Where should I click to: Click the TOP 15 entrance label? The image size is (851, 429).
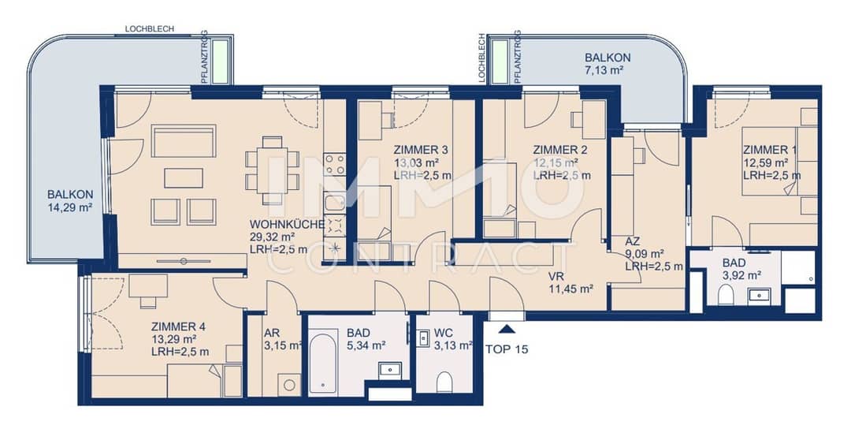507,349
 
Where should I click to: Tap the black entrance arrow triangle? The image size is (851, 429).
507,329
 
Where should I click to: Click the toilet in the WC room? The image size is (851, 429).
444,381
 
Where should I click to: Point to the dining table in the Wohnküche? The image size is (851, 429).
273,170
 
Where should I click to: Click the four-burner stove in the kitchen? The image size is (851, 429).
334,164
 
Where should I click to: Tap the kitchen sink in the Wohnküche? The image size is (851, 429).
334,203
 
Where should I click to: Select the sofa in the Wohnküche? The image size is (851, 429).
184,141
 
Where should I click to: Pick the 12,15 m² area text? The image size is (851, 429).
556,162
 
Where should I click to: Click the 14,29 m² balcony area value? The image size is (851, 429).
69,207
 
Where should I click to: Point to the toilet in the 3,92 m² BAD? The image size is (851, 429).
726,296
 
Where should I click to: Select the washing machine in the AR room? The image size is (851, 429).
290,385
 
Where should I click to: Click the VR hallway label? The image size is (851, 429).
556,277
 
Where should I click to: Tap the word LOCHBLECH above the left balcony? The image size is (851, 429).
150,28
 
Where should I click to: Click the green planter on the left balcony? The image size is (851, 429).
221,62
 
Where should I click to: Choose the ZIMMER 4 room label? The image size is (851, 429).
179,327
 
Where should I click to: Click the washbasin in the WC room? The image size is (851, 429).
424,338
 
